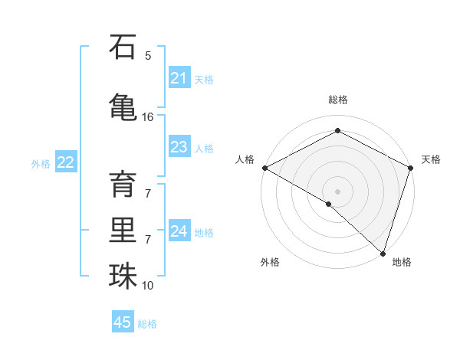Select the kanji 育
(123, 185)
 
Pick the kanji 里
(123, 231)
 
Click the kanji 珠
(123, 277)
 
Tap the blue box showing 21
(179, 78)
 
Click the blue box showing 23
(179, 147)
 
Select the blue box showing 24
(179, 231)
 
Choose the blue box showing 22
(66, 162)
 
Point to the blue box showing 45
(123, 322)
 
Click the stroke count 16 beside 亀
(148, 117)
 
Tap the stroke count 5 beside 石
(148, 56)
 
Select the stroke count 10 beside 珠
(148, 286)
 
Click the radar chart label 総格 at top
(337, 100)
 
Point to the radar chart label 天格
(431, 159)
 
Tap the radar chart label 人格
(245, 159)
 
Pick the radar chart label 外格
(270, 262)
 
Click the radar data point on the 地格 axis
(383, 253)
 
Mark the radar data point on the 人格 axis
(264, 167)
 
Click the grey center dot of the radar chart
(337, 191)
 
